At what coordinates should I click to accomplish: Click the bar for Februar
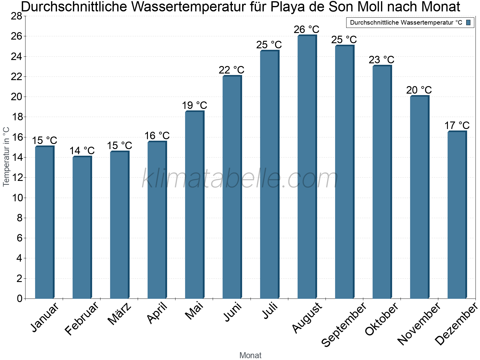point(82,228)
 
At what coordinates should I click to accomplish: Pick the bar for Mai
point(194,205)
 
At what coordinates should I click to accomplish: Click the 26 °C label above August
point(306,30)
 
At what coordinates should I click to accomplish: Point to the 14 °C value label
point(82,151)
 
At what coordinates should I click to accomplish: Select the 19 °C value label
point(194,106)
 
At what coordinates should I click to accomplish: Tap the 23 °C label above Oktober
point(381,60)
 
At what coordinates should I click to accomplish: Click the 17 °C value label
point(457,125)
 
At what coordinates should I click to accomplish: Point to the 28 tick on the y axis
point(16,16)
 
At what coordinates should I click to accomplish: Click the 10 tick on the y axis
point(16,198)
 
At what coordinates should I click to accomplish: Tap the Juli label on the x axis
point(270,311)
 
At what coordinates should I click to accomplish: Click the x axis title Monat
point(250,355)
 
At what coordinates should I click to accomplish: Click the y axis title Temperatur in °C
point(6,157)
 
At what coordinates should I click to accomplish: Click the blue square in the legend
point(468,22)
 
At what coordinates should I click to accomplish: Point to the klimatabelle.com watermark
point(240,178)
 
